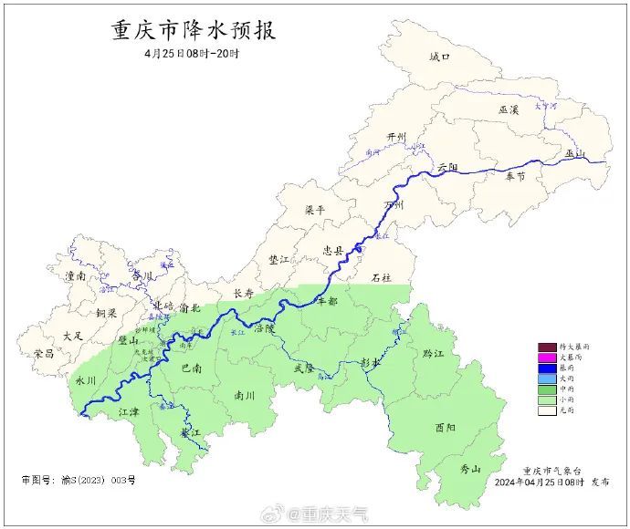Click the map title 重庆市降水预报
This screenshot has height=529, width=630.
(x=193, y=30)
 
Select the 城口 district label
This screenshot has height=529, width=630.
(x=440, y=57)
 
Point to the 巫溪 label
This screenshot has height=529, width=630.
(x=509, y=109)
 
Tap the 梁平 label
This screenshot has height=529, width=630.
(x=315, y=210)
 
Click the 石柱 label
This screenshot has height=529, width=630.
(x=381, y=276)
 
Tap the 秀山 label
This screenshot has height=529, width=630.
(x=470, y=469)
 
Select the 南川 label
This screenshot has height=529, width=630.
(x=245, y=397)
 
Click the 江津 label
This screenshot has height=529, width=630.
(x=130, y=412)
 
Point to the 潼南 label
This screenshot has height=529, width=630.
(x=75, y=275)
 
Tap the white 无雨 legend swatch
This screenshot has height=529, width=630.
(x=547, y=410)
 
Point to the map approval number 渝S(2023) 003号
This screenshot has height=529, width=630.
(x=78, y=480)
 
